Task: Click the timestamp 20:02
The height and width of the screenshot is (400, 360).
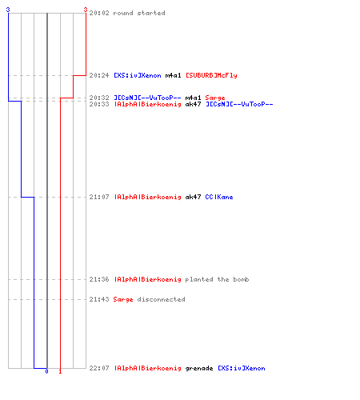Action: [99, 13]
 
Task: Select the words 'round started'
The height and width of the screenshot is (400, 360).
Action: [139, 13]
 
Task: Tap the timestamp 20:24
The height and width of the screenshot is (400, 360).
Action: [99, 75]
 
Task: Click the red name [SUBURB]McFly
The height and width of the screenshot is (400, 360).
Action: [211, 75]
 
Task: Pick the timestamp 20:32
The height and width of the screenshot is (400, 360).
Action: [99, 98]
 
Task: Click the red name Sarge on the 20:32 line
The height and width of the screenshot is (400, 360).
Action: [215, 98]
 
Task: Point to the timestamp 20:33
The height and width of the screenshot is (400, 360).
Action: [99, 104]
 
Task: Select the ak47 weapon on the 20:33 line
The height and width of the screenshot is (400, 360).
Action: [193, 104]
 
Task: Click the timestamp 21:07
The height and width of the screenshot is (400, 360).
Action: [99, 197]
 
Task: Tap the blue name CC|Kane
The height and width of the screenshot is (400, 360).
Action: [219, 197]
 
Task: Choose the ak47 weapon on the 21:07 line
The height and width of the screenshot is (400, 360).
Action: [193, 197]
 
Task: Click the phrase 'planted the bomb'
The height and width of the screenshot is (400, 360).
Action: [217, 279]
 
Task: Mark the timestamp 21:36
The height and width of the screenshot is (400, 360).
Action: [99, 279]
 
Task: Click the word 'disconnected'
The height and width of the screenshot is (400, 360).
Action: [161, 299]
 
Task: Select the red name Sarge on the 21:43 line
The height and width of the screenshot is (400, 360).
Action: [123, 300]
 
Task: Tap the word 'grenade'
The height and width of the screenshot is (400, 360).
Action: [199, 369]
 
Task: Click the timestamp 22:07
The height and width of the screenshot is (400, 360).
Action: [99, 368]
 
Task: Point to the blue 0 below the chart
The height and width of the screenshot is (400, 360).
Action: [46, 371]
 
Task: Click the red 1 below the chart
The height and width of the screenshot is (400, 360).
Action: [60, 371]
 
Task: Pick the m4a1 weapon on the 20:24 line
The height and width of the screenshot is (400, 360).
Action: [173, 75]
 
